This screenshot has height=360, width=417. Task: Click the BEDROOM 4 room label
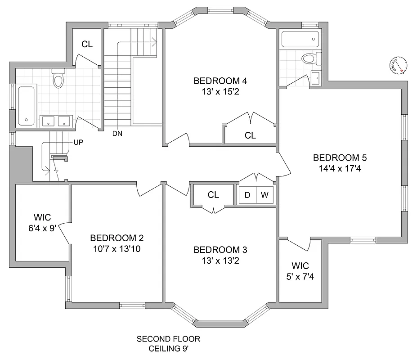220,81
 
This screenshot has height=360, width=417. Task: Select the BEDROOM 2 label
117,238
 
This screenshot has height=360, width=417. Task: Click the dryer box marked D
247,195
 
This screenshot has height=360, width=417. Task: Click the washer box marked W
265,195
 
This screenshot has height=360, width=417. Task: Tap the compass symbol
399,66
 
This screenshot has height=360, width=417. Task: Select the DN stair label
118,134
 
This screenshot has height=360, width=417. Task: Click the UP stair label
79,143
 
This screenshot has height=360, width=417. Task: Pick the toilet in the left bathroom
58,80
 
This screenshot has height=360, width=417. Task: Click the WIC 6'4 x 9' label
42,223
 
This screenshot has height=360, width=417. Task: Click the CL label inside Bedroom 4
250,135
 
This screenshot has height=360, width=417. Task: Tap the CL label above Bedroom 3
213,195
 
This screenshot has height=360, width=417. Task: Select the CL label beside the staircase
87,44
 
